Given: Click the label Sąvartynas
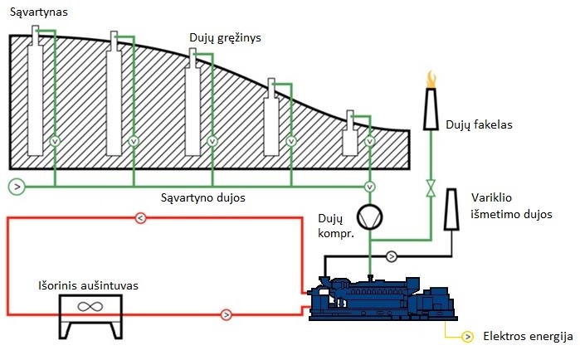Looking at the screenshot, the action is pyautogui.click(x=38, y=12).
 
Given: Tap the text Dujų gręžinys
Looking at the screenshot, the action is pyautogui.click(x=225, y=38).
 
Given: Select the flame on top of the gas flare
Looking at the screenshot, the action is pyautogui.click(x=431, y=79).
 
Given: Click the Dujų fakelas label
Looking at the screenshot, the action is pyautogui.click(x=479, y=124).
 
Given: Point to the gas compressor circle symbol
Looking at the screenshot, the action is pyautogui.click(x=369, y=217).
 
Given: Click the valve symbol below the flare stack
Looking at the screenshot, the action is pyautogui.click(x=431, y=187).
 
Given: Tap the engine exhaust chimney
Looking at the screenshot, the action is pyautogui.click(x=451, y=210).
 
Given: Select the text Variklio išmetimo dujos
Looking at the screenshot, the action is pyautogui.click(x=511, y=206).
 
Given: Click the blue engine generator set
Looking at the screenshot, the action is pyautogui.click(x=383, y=298).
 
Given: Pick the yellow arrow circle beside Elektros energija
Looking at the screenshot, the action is pyautogui.click(x=467, y=337).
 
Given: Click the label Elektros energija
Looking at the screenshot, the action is pyautogui.click(x=529, y=336).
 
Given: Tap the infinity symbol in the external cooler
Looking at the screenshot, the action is pyautogui.click(x=90, y=306).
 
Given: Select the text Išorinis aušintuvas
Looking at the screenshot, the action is pyautogui.click(x=89, y=285).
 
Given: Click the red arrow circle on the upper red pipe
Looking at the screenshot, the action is pyautogui.click(x=140, y=218).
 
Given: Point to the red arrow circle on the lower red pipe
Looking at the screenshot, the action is pyautogui.click(x=226, y=315).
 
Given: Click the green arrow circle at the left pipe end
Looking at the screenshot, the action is pyautogui.click(x=17, y=187).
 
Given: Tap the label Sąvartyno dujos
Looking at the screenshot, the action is pyautogui.click(x=203, y=197).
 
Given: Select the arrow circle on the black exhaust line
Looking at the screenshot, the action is pyautogui.click(x=392, y=255).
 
